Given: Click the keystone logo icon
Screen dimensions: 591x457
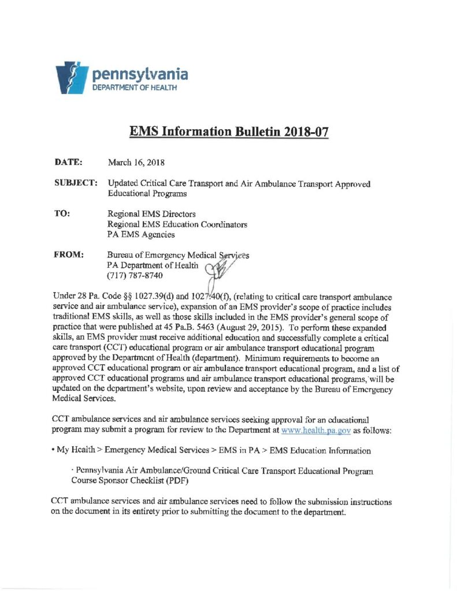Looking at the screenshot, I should [70, 77].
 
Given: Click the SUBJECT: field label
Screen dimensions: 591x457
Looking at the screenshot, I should [75, 184].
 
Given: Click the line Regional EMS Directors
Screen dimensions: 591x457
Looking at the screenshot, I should [152, 214].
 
